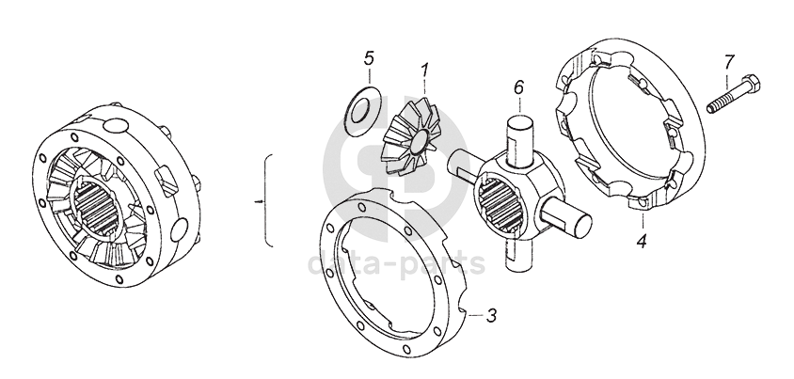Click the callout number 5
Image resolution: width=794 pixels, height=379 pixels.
(369, 58)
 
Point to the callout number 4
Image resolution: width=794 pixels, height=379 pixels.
(641, 241)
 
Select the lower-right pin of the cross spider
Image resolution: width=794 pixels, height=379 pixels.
(573, 224)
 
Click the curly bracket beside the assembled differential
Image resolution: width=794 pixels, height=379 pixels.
(269, 200)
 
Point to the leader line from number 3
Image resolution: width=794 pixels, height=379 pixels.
(475, 313)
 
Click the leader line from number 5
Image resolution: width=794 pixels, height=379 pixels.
(365, 77)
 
